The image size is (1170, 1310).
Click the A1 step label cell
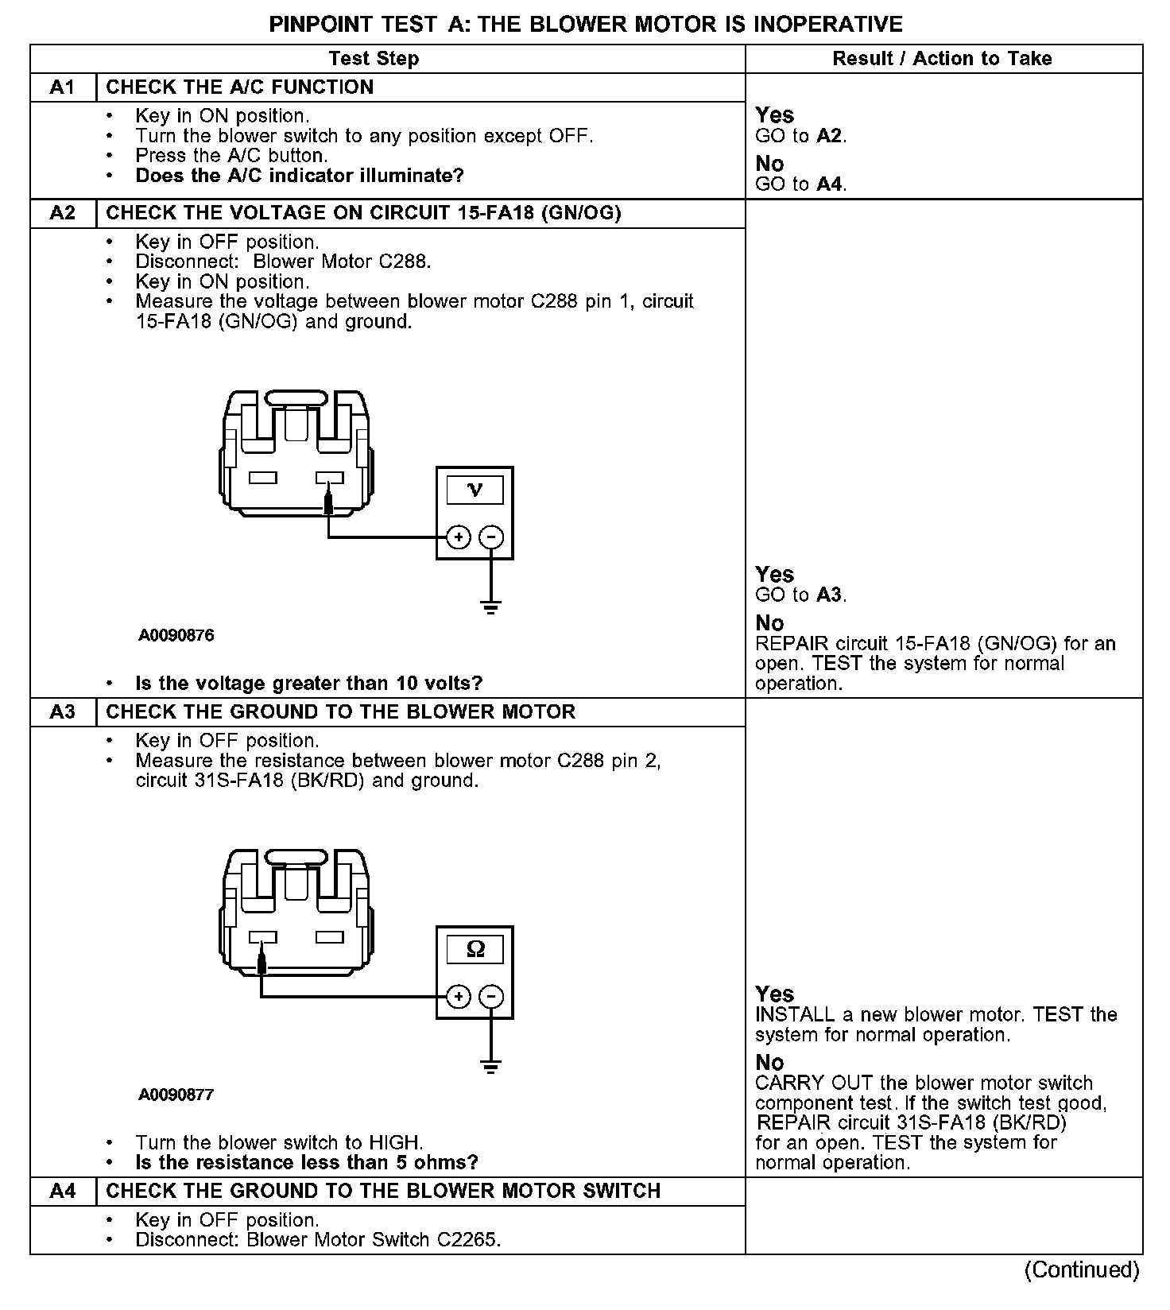coord(62,87)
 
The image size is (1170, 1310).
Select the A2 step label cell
coord(62,213)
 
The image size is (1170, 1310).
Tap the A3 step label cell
coord(62,711)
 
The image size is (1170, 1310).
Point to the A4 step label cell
coord(62,1191)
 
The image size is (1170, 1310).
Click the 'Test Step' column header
coord(374,59)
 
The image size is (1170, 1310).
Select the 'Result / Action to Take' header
coord(942,59)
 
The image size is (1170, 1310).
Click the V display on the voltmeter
coord(475,490)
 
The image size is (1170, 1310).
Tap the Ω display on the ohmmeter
coord(475,949)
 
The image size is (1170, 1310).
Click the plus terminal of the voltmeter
coord(458,537)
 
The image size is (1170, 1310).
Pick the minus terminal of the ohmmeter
coord(492,996)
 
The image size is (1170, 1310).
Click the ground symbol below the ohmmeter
coord(491,1067)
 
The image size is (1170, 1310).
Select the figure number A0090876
coord(176,636)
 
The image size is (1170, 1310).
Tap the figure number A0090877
coord(176,1095)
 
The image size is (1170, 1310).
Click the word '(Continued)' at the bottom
coord(1082,1269)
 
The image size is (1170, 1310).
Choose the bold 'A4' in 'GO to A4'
coord(829,184)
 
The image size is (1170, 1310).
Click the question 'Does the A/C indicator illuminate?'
coord(300,176)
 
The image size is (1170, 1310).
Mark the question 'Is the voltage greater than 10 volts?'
coord(309,683)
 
